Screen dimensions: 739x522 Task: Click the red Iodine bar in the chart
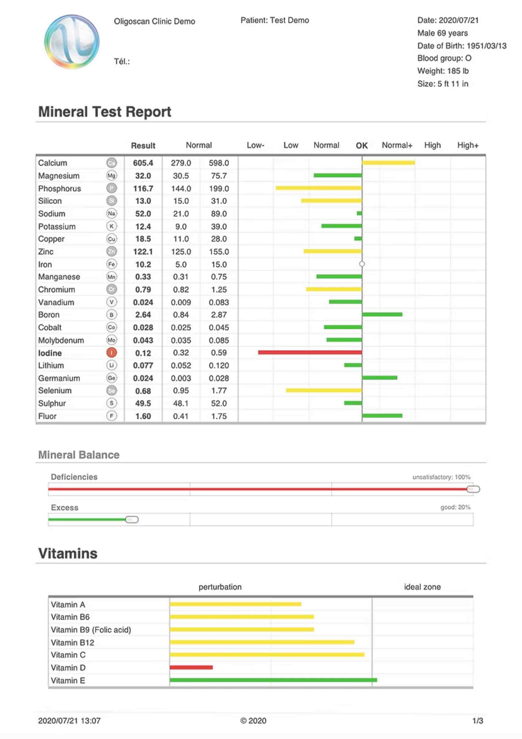309,352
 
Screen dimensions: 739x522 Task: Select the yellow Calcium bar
388,163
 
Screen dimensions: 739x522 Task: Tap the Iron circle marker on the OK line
362,264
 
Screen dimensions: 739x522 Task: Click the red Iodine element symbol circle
112,353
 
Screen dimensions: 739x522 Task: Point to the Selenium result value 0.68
143,391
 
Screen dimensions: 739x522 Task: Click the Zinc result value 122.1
143,252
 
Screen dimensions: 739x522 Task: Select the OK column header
362,145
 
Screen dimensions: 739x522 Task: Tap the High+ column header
468,145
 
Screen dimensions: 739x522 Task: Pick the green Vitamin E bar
273,680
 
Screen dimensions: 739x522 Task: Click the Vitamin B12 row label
72,643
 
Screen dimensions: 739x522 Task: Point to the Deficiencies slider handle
473,489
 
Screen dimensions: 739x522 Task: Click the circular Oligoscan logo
72,42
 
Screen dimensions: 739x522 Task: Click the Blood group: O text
444,58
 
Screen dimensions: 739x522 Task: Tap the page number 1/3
477,721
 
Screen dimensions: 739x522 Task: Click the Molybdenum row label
61,340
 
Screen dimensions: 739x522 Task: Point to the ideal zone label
422,587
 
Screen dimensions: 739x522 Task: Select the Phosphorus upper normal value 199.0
219,189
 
